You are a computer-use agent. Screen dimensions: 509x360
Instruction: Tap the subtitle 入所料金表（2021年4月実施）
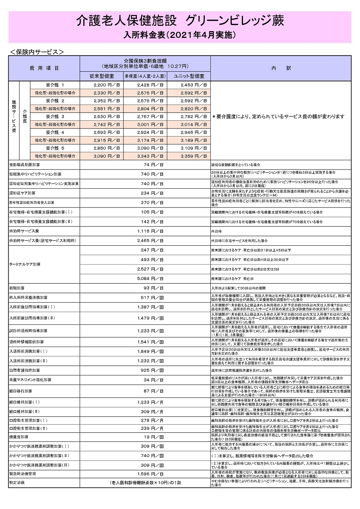point(180,35)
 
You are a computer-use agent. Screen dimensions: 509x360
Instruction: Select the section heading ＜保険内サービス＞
point(37,52)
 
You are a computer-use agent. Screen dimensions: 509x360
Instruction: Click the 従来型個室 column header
point(101,76)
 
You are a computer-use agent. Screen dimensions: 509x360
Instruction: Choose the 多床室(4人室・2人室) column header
point(145,76)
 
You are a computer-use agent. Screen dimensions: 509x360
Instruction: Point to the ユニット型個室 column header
point(189,76)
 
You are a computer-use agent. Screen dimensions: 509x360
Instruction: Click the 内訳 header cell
point(281,68)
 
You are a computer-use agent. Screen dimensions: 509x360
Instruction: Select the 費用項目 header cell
point(44,68)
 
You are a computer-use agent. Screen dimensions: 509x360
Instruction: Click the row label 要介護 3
point(55,117)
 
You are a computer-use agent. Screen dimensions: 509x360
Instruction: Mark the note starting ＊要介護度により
point(278,117)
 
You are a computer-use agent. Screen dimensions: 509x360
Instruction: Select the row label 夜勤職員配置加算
point(25,165)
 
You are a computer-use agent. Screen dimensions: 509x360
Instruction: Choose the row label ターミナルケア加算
point(25,264)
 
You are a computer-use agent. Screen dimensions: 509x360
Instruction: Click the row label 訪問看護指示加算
point(25,371)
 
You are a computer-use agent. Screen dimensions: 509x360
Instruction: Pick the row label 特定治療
point(17,483)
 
